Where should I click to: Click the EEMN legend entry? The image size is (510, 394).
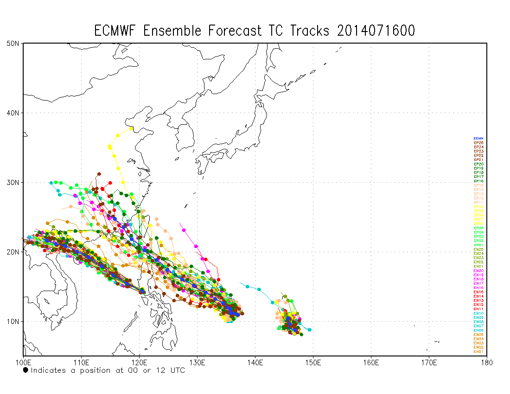tap(478, 138)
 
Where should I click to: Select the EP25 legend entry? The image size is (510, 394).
tap(478, 143)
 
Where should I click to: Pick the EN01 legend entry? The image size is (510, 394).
tap(478, 351)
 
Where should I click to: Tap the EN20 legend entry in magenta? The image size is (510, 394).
tap(478, 271)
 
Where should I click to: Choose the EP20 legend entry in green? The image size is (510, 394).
tap(478, 164)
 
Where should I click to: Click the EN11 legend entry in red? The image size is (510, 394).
tap(478, 309)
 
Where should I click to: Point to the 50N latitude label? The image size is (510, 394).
tap(13, 43)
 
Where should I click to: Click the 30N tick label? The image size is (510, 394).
tap(13, 182)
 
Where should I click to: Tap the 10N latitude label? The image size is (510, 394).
tap(13, 321)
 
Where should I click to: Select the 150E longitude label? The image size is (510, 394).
tap(313, 362)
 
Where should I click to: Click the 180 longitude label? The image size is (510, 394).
tap(487, 362)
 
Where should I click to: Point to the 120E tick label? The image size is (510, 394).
tap(139, 362)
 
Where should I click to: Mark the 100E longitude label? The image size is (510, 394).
tap(23, 362)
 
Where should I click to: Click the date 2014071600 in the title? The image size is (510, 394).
tap(376, 31)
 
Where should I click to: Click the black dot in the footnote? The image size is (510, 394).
tap(25, 370)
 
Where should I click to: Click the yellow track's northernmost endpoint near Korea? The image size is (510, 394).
tap(131, 128)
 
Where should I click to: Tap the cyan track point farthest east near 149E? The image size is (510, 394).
tap(309, 330)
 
